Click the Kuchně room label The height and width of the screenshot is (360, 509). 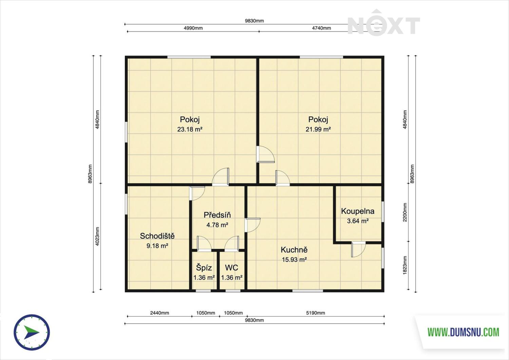(x=294, y=250)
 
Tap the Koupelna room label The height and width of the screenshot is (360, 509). (x=358, y=211)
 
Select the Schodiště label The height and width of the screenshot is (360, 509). (x=157, y=236)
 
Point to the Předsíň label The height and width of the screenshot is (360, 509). (x=217, y=215)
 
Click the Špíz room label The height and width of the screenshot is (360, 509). (x=204, y=268)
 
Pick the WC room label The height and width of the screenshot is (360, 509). (x=231, y=268)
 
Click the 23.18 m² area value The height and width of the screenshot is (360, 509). (x=190, y=129)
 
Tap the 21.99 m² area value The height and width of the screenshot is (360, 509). (x=318, y=129)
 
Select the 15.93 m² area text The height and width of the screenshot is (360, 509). (x=294, y=260)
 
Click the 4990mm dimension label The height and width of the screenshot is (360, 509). (x=193, y=28)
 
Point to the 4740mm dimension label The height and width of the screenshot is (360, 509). (x=322, y=28)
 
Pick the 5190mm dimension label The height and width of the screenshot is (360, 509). (x=316, y=313)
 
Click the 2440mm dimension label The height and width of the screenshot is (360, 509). (x=160, y=313)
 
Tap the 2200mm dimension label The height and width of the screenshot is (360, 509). (x=405, y=212)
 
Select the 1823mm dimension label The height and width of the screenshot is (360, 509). (x=405, y=265)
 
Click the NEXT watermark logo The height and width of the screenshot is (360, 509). (x=384, y=22)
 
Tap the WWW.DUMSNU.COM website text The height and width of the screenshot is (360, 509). (x=463, y=332)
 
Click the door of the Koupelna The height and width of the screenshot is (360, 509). (x=358, y=249)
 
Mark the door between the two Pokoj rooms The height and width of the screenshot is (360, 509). (x=266, y=154)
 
